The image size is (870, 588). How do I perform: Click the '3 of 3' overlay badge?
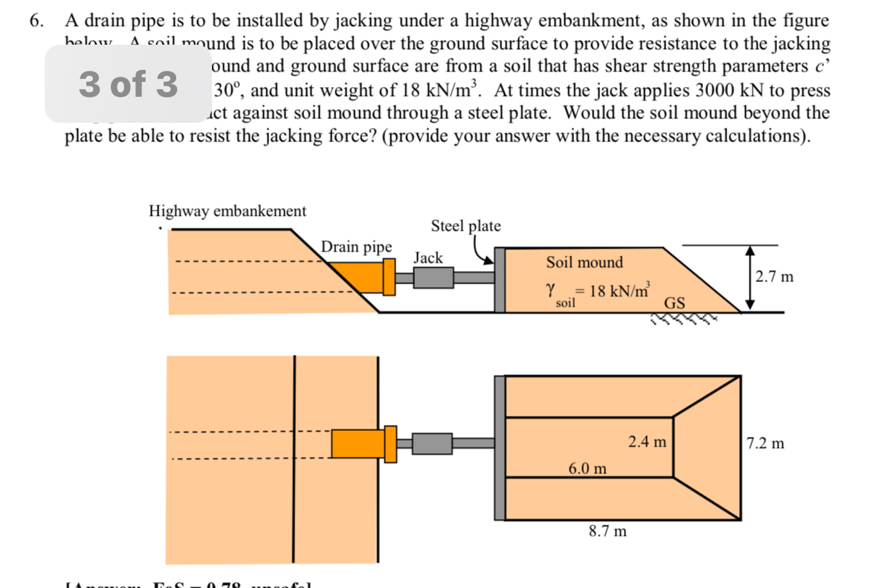click(x=128, y=84)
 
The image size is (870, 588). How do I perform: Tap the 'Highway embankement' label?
click(x=228, y=211)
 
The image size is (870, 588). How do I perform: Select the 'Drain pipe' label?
click(x=356, y=246)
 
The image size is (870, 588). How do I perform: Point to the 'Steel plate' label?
click(x=465, y=226)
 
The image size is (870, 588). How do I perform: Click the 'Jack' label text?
click(x=428, y=258)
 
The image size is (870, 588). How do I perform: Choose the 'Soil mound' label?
click(x=584, y=262)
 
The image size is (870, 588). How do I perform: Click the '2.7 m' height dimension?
click(x=774, y=277)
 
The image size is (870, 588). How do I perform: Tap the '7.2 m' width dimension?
click(x=765, y=444)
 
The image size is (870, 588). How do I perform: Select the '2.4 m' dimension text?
click(x=647, y=442)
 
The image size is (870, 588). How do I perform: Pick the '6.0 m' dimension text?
click(x=587, y=468)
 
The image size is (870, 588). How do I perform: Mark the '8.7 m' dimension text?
click(x=607, y=531)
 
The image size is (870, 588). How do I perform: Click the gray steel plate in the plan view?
click(x=500, y=447)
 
